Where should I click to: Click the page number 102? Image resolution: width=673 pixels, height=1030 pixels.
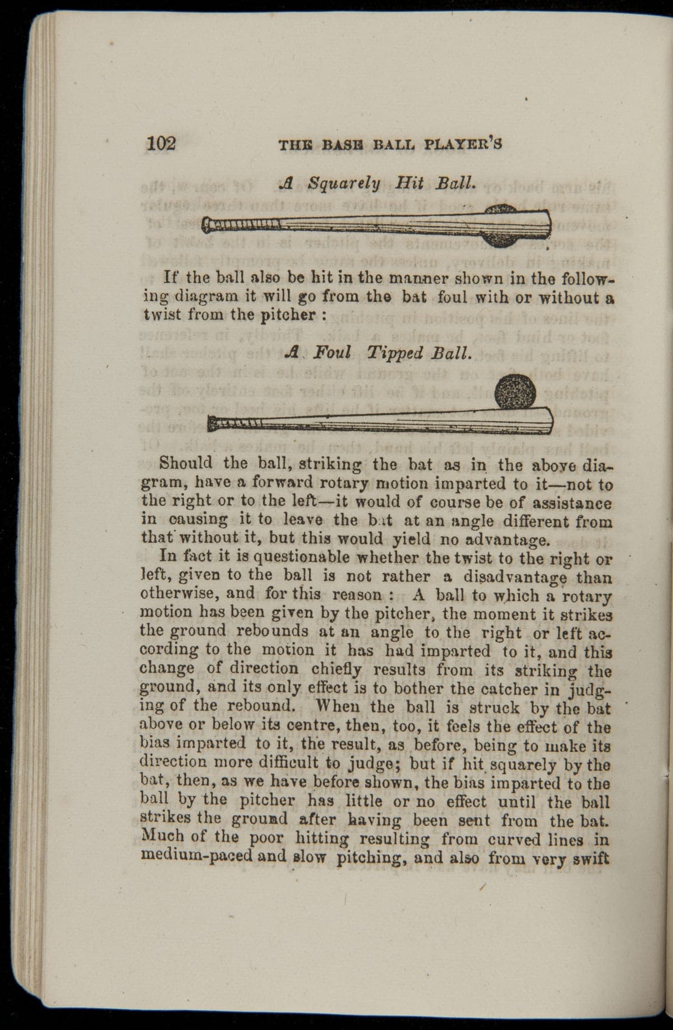point(162,143)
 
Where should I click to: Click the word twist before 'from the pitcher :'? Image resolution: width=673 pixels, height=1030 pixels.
point(160,315)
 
